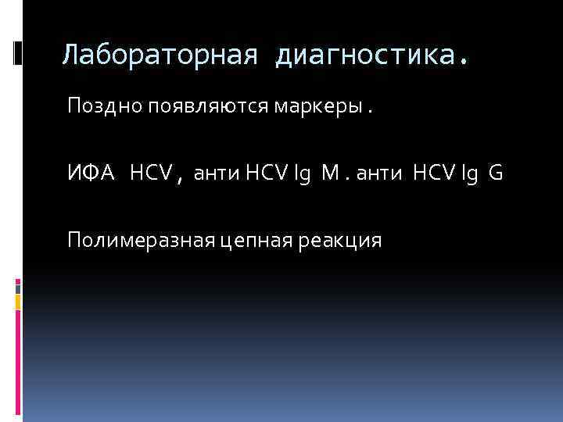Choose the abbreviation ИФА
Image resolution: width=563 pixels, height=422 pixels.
click(x=90, y=173)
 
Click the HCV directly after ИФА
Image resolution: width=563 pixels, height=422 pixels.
click(x=151, y=173)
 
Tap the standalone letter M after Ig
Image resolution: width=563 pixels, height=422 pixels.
click(x=331, y=173)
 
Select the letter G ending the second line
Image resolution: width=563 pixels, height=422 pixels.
click(x=496, y=173)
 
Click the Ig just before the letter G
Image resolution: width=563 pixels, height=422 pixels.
click(x=471, y=173)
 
